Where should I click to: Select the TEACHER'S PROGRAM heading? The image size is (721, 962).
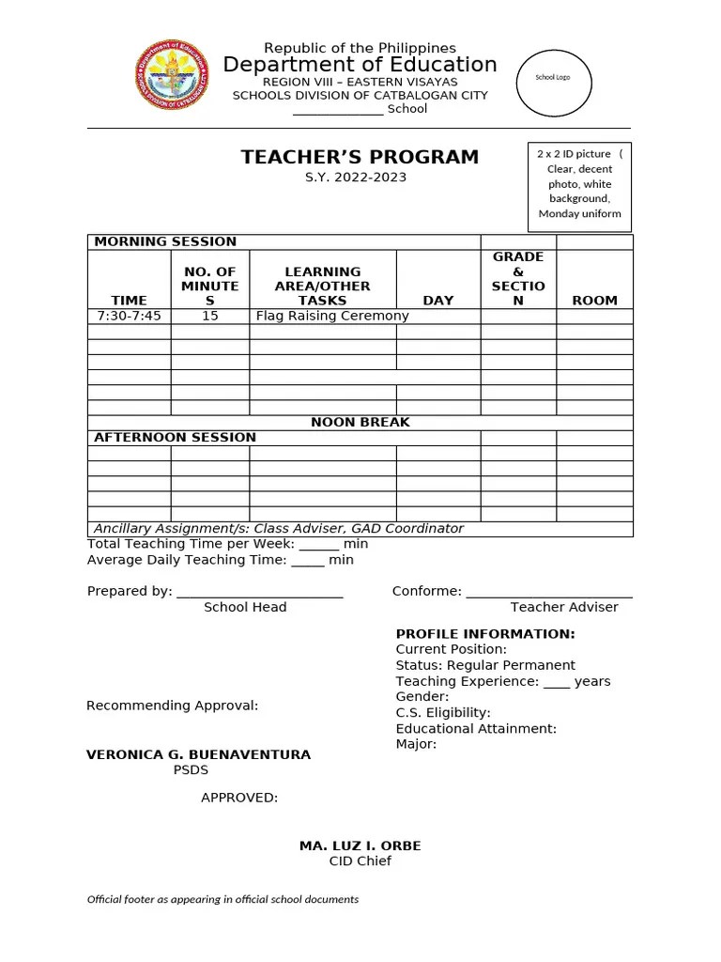point(360,157)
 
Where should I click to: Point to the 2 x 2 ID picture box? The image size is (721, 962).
point(579,184)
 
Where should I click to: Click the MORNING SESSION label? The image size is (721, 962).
point(164,241)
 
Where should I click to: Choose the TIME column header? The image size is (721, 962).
point(130,301)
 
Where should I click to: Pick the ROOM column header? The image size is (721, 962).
point(594,301)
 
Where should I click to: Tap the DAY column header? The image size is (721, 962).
point(437,301)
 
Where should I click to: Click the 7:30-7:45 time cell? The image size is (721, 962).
point(130,316)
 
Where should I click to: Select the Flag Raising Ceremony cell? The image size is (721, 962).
point(332,316)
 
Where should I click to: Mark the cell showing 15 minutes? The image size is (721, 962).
point(210,316)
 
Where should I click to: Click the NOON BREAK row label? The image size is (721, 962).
point(360,422)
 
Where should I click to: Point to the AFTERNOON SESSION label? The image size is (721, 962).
point(175,437)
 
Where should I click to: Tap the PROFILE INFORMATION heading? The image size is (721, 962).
point(485,634)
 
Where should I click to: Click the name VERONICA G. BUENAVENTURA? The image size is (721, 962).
point(198,754)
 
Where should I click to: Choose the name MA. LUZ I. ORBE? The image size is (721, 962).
point(360,846)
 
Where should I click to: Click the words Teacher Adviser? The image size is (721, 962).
point(564,607)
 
